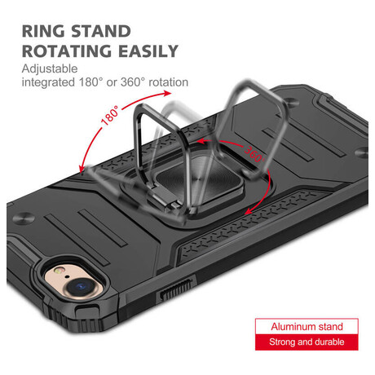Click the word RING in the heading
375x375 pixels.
[x=43, y=31]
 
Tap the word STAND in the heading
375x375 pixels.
[x=101, y=31]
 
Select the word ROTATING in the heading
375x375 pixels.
[x=67, y=51]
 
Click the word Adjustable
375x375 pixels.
[x=50, y=68]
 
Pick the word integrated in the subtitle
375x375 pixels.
[x=48, y=82]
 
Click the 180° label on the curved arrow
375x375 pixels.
[x=110, y=115]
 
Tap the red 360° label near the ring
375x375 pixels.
[x=254, y=154]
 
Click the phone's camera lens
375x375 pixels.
[x=81, y=286]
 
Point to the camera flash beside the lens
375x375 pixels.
[x=59, y=270]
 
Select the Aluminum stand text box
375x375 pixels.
[x=307, y=326]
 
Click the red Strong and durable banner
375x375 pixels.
[x=307, y=342]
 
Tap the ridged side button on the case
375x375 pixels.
[x=177, y=290]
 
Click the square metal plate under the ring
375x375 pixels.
[x=198, y=181]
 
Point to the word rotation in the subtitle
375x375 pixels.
[x=169, y=82]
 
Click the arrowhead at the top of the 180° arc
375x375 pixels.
[x=166, y=93]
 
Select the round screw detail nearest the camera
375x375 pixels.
[x=23, y=218]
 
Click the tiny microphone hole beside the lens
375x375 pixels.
[x=67, y=277]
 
